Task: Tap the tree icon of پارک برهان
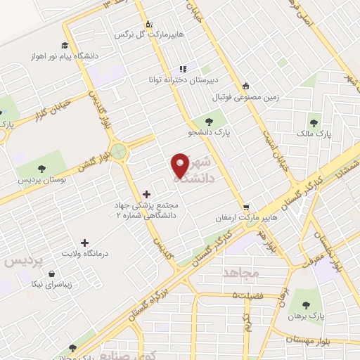tap(304, 304)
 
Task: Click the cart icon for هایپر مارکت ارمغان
tap(245, 207)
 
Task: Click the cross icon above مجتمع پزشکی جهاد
tap(146, 193)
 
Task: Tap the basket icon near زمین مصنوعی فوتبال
tap(245, 84)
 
